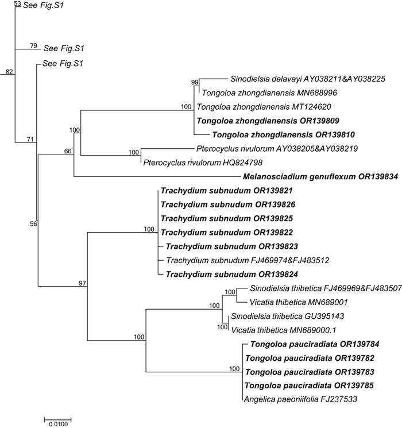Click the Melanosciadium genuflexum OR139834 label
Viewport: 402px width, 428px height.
point(319,176)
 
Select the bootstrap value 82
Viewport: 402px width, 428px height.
point(9,72)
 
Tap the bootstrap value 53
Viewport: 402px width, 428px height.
point(17,4)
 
